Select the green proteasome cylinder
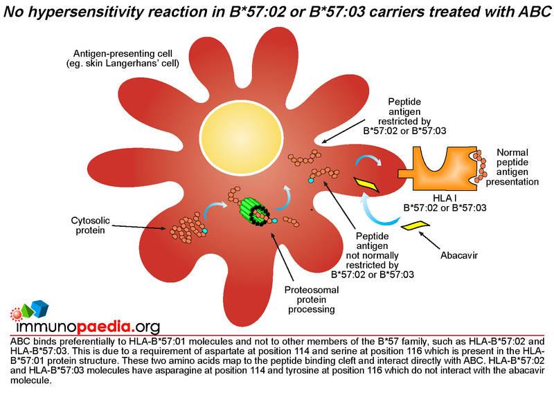click(x=253, y=211)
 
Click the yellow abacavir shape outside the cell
click(x=415, y=225)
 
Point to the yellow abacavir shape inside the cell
click(x=366, y=185)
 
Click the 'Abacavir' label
click(x=458, y=255)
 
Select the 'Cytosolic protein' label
click(x=91, y=225)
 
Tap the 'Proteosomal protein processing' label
click(x=311, y=299)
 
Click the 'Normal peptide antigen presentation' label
click(x=512, y=167)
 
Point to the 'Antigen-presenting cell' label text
click(x=123, y=54)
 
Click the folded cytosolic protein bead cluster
click(x=186, y=228)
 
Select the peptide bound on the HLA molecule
click(x=479, y=166)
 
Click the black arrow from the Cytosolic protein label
click(x=138, y=227)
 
